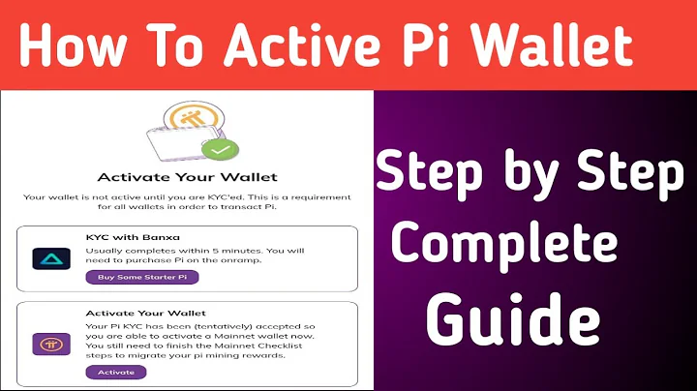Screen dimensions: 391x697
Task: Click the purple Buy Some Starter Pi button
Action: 141,277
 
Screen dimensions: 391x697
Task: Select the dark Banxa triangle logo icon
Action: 45,257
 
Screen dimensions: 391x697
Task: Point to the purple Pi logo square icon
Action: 45,345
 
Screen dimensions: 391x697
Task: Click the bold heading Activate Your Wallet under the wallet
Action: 187,177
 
